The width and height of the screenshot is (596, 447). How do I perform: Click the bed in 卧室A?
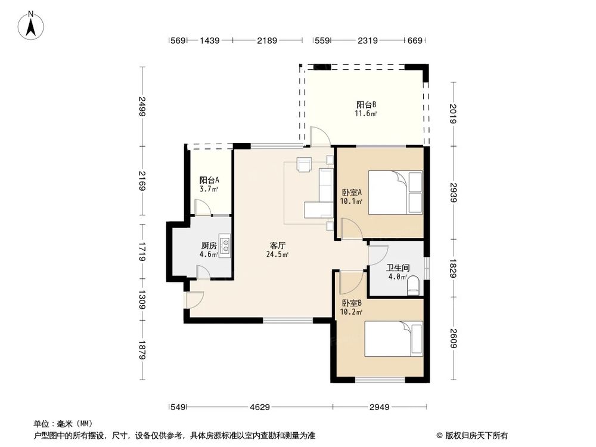[x=395, y=193]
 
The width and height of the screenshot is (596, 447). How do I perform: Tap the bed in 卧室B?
[x=393, y=340]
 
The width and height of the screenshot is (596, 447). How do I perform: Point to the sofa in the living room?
[x=326, y=185]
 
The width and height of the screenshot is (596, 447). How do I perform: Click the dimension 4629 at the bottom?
[x=260, y=408]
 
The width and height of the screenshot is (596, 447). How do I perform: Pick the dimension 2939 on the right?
[x=455, y=192]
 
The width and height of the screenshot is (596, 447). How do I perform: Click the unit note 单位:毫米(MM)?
[x=62, y=424]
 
